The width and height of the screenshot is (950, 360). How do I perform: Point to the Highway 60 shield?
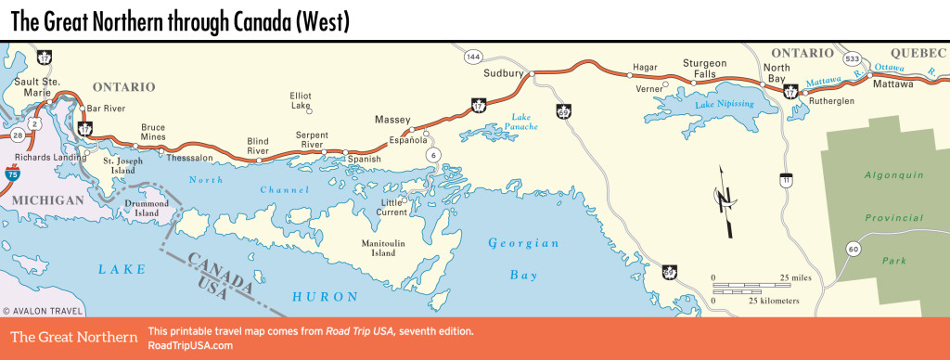(854, 248)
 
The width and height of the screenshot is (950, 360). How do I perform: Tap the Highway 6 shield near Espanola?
(432, 156)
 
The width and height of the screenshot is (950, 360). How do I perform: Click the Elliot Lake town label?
(301, 100)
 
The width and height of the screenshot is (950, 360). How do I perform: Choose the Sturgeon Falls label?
(704, 69)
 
